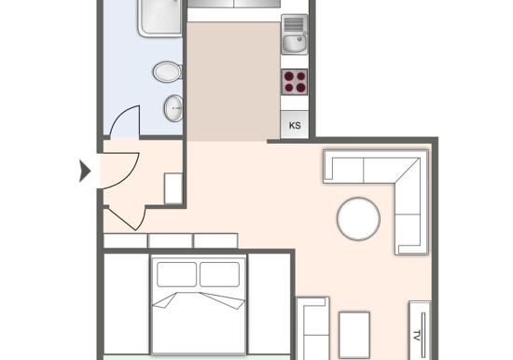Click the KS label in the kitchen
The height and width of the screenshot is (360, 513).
295,126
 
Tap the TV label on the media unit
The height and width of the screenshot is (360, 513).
417,336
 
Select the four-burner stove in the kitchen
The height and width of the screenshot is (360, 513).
295,82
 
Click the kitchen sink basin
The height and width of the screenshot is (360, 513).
295,43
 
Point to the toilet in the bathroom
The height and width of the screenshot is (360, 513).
168,72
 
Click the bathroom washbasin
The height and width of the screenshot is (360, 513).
173,108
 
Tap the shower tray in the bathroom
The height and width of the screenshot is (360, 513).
159,18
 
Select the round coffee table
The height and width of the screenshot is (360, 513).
358,218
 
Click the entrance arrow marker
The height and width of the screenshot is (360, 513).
85,171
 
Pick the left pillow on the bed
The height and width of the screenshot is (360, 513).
176,274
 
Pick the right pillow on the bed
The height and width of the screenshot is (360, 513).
219,274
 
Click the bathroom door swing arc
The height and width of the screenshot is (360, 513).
121,115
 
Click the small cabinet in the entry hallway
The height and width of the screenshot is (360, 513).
173,188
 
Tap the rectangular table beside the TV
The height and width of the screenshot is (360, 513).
354,335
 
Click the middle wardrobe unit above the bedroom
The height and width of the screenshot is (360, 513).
171,241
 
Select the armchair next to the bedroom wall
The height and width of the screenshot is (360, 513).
312,328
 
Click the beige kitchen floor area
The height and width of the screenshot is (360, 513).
233,82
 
